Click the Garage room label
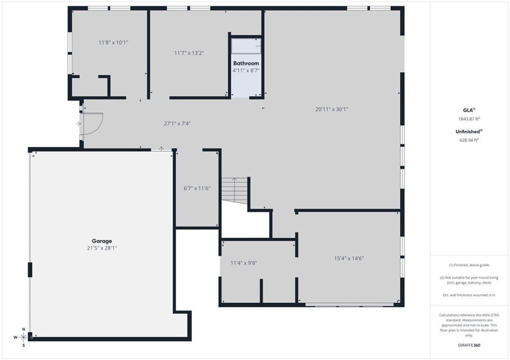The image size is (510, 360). (102, 240)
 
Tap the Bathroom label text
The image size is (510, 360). (246, 63)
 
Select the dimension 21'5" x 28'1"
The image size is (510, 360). (102, 247)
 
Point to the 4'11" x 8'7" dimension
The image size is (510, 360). (246, 71)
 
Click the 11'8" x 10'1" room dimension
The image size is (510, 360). (113, 42)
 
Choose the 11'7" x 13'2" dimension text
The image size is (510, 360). (189, 53)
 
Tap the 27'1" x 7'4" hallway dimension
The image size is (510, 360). (177, 123)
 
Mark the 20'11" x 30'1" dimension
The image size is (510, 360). (332, 109)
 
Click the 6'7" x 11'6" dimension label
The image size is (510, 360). (197, 188)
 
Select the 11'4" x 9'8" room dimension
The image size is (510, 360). (244, 262)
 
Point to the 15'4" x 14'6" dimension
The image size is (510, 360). (349, 258)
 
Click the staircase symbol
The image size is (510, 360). (234, 190)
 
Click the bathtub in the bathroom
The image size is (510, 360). (246, 46)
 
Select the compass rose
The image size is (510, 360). (23, 337)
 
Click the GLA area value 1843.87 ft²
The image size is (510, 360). (469, 119)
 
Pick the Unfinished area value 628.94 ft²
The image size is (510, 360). (469, 140)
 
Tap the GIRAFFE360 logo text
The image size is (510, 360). (469, 345)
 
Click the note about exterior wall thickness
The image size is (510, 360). (469, 295)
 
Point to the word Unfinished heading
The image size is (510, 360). (468, 131)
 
